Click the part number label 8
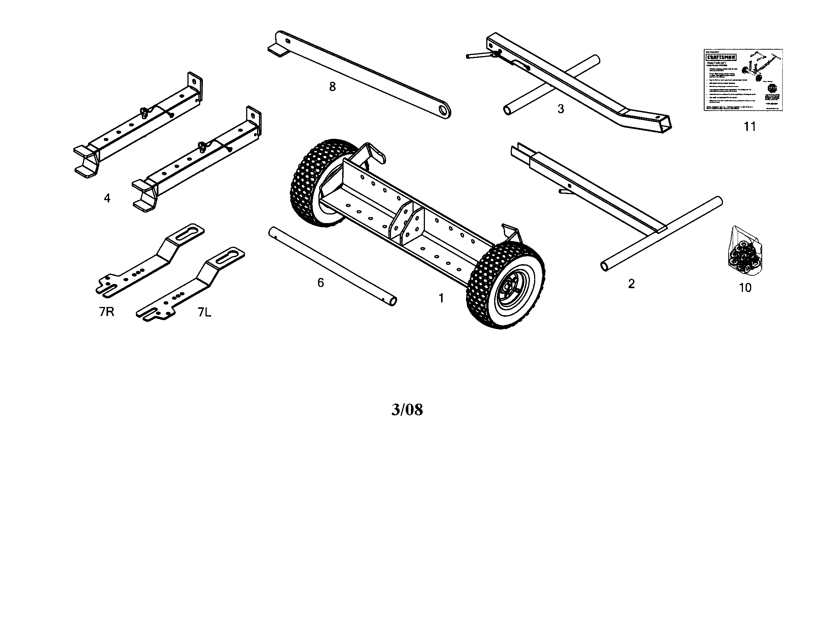coord(332,87)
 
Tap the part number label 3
coord(561,109)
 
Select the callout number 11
coord(749,126)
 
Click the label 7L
coord(204,312)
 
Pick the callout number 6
coord(321,283)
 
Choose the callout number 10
coord(745,288)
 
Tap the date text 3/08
coord(407,410)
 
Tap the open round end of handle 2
coord(604,266)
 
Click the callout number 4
coord(107,198)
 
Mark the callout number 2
coord(631,284)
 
